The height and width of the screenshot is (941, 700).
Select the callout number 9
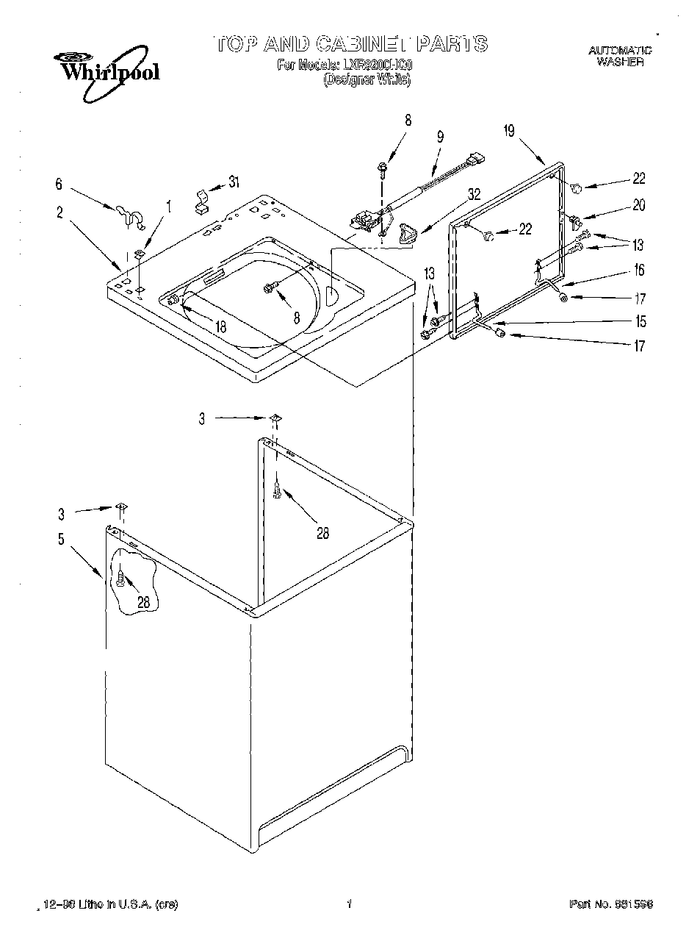440,136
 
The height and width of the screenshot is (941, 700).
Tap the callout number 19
508,132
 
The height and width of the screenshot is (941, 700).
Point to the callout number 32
474,195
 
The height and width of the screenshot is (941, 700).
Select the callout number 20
638,206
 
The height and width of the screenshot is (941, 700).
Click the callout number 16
639,271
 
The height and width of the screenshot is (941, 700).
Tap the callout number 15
641,321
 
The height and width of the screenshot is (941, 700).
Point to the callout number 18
221,328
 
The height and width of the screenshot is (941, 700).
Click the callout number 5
61,539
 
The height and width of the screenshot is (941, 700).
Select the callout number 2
59,212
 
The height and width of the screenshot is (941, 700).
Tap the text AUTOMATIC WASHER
620,57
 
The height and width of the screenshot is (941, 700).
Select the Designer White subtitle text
367,80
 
